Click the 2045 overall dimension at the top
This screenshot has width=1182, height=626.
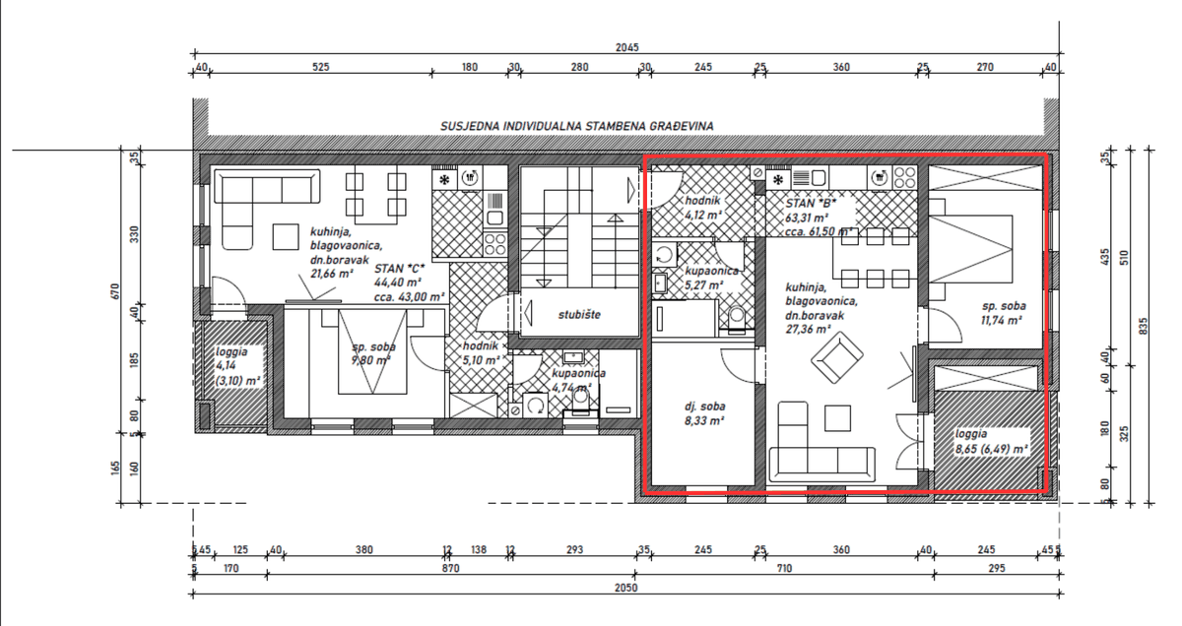coord(626,47)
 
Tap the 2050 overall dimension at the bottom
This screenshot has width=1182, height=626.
coord(626,588)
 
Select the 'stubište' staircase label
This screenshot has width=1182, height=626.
coord(579,314)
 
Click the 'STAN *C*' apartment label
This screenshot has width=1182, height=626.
coord(400,269)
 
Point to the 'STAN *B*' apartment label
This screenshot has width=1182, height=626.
coord(811,204)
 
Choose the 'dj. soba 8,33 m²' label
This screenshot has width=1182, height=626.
coord(704,413)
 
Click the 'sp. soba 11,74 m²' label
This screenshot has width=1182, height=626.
coord(1004,313)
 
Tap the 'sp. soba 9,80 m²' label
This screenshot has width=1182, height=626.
coord(373,353)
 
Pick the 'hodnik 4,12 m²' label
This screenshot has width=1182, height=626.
coord(703,208)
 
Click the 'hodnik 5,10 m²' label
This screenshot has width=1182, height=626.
coord(481,353)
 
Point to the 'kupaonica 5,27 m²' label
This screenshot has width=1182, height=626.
coord(711,278)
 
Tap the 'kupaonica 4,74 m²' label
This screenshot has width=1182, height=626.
coord(578,380)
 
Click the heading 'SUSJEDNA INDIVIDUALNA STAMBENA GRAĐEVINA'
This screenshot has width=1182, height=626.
coord(577,127)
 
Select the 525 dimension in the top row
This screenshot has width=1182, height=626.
coord(320,67)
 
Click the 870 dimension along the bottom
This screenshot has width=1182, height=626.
coord(450,569)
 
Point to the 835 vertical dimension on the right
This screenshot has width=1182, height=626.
coord(1144,326)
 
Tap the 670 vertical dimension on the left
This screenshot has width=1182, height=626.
coord(116,291)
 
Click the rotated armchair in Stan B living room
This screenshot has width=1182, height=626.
coord(837,358)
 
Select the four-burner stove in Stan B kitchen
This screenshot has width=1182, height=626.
coord(904,177)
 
